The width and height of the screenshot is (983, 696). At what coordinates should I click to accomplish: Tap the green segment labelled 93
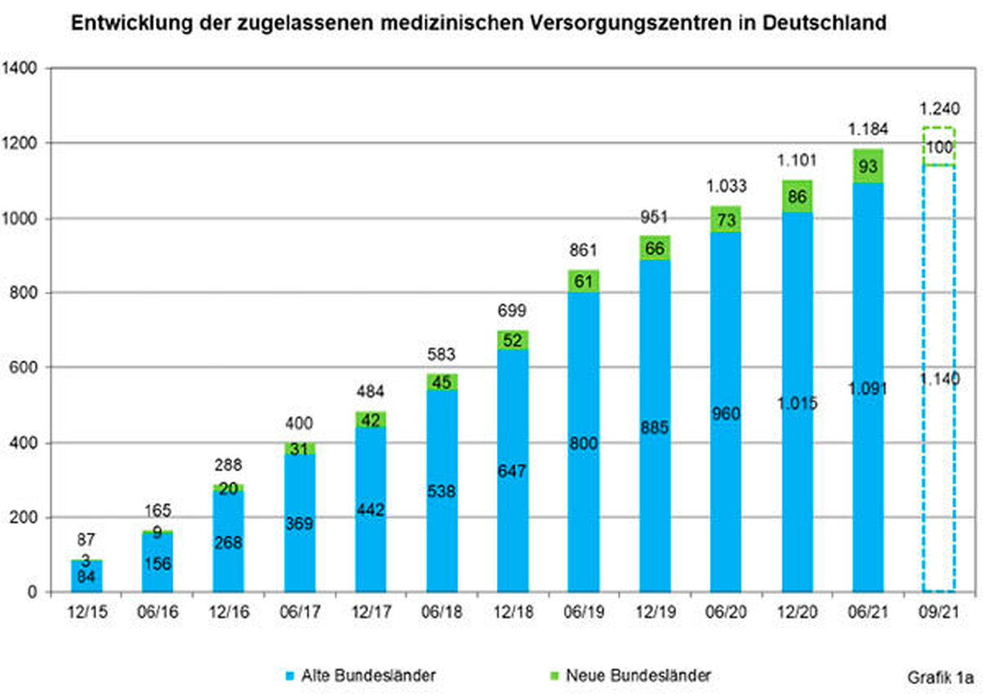click(x=868, y=166)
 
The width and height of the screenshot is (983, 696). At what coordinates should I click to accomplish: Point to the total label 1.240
click(x=939, y=109)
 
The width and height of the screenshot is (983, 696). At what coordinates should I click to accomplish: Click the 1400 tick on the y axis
click(x=19, y=68)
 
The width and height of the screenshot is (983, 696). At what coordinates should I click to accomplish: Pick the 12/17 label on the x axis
click(x=370, y=612)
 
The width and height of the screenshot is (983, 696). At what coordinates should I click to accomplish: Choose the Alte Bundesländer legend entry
click(x=368, y=675)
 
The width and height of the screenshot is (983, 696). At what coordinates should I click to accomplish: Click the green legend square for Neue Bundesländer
click(x=554, y=675)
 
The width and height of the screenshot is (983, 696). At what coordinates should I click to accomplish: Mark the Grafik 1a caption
click(x=940, y=677)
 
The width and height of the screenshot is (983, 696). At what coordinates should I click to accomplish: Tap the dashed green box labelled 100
click(x=939, y=147)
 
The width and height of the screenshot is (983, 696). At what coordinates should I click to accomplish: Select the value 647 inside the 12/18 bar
click(x=512, y=471)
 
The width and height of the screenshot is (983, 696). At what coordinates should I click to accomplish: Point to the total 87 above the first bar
click(x=86, y=540)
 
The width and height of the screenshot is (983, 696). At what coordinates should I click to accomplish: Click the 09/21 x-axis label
click(x=939, y=612)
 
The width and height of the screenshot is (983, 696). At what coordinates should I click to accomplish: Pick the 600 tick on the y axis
click(x=23, y=368)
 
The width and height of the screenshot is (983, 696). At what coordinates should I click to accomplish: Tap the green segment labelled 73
click(x=725, y=220)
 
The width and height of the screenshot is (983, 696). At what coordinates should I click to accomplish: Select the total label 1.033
click(x=726, y=186)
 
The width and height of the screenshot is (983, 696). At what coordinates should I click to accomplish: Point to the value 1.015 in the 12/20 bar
click(x=797, y=403)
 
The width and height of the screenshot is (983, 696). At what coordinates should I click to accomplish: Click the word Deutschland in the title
click(x=824, y=23)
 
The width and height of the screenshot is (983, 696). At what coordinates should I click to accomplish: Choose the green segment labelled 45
click(x=441, y=382)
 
